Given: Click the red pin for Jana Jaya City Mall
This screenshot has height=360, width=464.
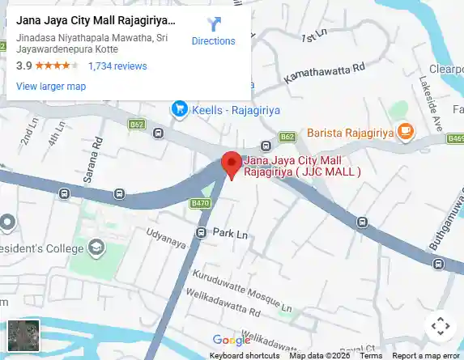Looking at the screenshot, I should [x=232, y=164].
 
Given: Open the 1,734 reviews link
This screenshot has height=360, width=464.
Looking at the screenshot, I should [x=117, y=66].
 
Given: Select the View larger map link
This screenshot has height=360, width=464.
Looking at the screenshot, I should [x=51, y=87].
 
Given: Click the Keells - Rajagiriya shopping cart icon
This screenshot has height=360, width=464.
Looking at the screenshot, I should [x=179, y=108].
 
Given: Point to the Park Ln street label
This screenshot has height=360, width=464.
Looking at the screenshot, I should [x=230, y=233].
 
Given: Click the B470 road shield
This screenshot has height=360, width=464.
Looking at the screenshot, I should [x=199, y=203].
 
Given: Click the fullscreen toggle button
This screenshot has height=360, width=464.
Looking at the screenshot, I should [x=440, y=325].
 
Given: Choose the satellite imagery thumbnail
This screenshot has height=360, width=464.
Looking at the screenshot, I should [x=23, y=336].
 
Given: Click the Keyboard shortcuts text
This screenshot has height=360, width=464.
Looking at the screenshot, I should [x=245, y=355].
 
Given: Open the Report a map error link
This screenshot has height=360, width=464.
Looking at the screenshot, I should [x=426, y=355].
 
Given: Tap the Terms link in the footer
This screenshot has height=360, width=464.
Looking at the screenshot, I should [x=371, y=355].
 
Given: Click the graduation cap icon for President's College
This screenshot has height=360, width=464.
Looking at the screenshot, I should [x=96, y=247].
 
